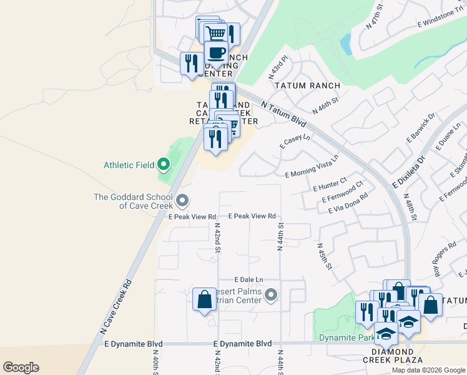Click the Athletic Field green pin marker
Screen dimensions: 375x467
point(164,165)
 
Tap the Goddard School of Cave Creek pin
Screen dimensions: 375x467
point(182,201)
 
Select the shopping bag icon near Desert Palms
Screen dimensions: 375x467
point(204,299)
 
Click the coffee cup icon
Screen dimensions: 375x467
point(216,53)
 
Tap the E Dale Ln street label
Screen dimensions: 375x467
point(249,279)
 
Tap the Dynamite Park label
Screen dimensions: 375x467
point(343,337)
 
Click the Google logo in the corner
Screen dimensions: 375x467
point(21,367)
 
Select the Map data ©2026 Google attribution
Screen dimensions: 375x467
point(428,370)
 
